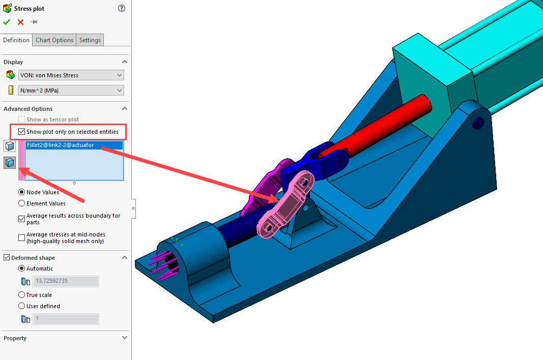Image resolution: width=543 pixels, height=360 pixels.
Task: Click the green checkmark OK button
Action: coord(7,22)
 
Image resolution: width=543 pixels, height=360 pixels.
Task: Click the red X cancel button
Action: coord(20,22)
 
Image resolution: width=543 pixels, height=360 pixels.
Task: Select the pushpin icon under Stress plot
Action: coord(34,22)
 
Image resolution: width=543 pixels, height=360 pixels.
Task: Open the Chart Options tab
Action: coord(54,40)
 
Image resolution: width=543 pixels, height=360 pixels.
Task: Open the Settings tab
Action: coord(90,40)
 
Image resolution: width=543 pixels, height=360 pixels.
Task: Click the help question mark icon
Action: coord(121,8)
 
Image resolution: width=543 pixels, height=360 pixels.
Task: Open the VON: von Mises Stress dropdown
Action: coord(71,75)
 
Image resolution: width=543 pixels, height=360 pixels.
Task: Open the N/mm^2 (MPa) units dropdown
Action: coord(71,91)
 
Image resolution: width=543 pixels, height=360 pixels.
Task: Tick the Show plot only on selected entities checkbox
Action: coord(21,132)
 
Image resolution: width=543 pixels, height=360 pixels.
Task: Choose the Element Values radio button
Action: coord(21,203)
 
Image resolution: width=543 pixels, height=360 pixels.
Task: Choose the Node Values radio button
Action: coord(21,192)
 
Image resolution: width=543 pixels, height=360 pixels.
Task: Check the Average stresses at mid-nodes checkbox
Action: coord(21,237)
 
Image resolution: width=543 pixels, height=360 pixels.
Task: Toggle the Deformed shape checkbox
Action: coord(7,258)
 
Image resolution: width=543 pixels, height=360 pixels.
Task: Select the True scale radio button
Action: coord(21,295)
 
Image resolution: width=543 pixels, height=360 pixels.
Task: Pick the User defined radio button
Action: coord(21,306)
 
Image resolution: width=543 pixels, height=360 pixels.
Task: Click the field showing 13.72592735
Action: coord(66,281)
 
